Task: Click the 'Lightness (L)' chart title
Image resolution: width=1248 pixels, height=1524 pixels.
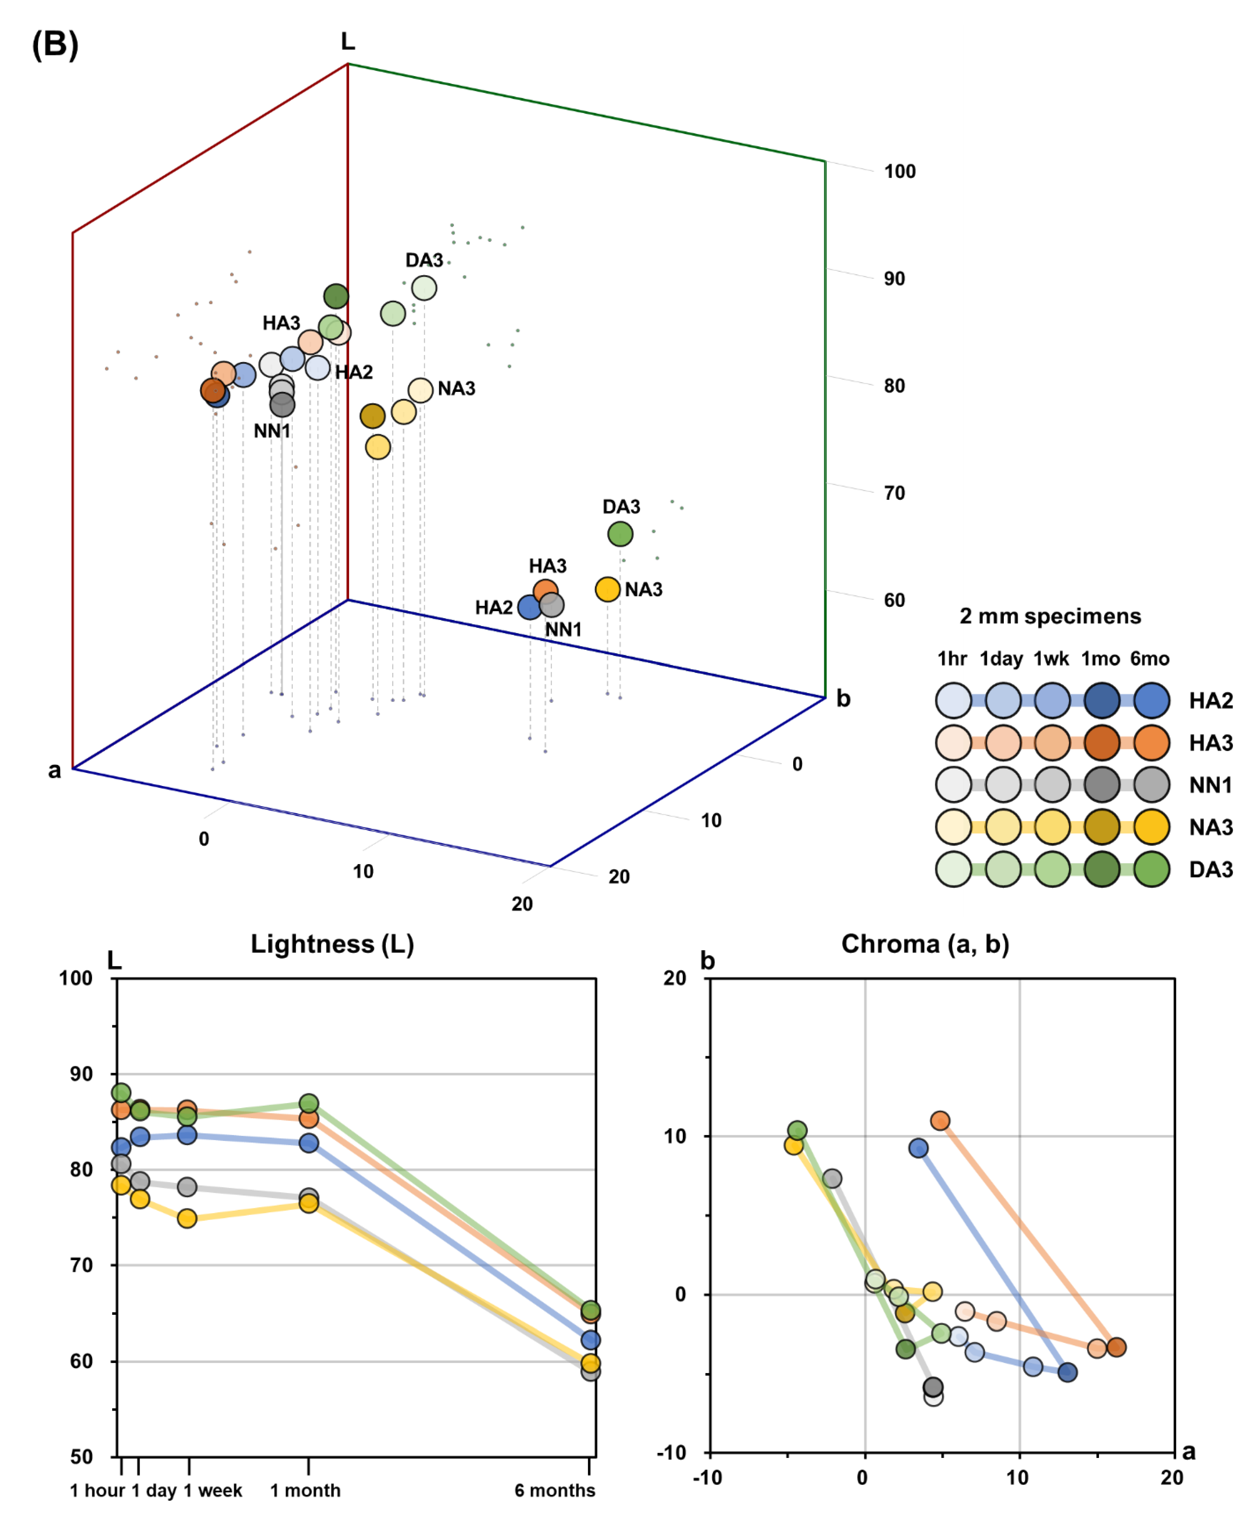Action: (332, 944)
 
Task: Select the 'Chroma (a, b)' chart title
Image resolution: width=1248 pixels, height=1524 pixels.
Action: (925, 944)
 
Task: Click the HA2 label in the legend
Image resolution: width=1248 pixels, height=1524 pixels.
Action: (1211, 701)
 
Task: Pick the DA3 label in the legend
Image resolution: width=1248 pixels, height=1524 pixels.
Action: (1211, 869)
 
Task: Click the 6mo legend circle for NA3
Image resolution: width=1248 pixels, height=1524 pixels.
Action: (1151, 827)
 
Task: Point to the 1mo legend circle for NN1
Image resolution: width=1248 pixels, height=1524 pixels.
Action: (1101, 785)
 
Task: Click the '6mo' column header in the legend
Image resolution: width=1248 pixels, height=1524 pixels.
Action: (1150, 659)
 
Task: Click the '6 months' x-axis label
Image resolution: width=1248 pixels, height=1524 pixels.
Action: (554, 1490)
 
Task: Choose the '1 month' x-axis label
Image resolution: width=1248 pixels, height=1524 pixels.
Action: (306, 1490)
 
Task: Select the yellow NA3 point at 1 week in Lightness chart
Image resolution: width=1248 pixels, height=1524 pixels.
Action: (187, 1218)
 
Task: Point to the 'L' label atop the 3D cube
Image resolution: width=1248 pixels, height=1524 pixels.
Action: (348, 42)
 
